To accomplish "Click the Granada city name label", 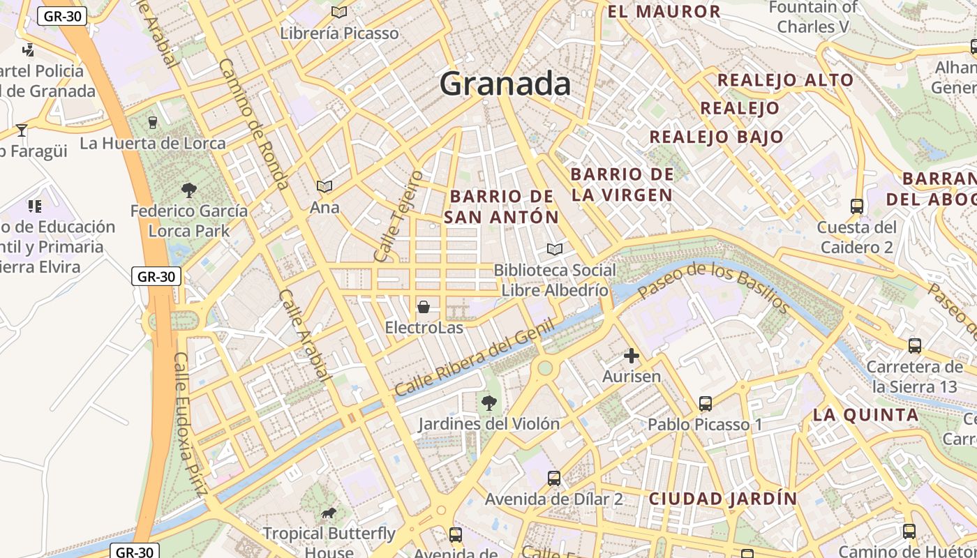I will (505, 84).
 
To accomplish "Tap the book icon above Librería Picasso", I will (339, 12).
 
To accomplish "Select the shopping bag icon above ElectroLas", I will (423, 307).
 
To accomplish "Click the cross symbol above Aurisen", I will (632, 356).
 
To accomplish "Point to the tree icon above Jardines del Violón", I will (489, 402).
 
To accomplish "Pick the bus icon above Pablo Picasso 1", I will (706, 403).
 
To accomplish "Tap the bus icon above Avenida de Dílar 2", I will (554, 478).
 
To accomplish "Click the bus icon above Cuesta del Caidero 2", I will (857, 206).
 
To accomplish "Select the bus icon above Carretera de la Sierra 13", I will (914, 345).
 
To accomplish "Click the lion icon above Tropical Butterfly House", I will (329, 514).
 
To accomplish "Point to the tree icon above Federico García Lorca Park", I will (188, 190).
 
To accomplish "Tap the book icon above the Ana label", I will (325, 186).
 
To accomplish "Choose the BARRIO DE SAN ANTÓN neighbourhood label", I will (502, 206).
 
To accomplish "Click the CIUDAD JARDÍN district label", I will (723, 499).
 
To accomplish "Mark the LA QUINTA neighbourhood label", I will (865, 415).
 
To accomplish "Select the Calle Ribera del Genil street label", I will (475, 357).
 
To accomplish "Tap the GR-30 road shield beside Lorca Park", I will (156, 276).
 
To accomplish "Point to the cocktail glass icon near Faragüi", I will (22, 130).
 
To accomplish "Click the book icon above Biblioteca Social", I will (555, 249).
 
